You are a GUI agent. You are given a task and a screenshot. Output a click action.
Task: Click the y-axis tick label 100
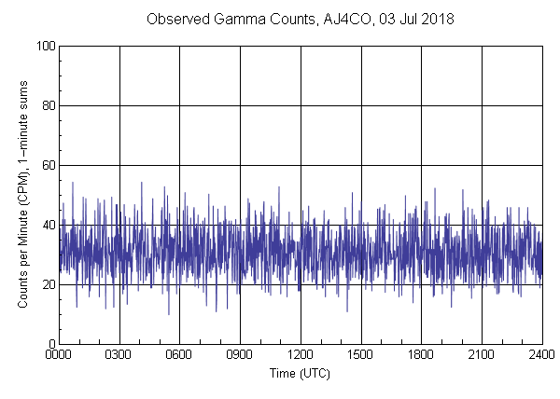[44, 46]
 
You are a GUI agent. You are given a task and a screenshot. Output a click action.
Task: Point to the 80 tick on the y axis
[47, 105]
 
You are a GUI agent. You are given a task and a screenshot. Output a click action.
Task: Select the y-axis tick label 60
[47, 165]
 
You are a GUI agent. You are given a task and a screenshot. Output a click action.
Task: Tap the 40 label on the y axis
[47, 225]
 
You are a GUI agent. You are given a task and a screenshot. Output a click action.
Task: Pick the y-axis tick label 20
[47, 284]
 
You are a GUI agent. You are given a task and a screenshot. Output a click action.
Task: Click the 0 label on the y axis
[50, 344]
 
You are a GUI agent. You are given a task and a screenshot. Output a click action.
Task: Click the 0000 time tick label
[59, 355]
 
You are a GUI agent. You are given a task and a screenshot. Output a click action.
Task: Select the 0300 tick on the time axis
[119, 355]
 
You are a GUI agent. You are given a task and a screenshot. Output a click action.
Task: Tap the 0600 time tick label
[179, 355]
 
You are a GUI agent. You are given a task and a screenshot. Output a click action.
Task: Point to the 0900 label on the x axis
[240, 355]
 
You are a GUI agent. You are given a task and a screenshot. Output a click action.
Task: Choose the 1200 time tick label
[301, 355]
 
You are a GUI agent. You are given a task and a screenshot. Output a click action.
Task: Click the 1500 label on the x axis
[361, 355]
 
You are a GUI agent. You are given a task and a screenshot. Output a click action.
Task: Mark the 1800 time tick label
[421, 355]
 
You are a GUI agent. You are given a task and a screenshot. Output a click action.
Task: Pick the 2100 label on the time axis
[482, 355]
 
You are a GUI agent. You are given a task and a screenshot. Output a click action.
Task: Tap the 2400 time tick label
[541, 355]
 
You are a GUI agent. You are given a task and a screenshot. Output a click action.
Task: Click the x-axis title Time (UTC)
[300, 373]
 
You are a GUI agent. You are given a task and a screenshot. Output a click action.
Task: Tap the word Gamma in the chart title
[246, 20]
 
